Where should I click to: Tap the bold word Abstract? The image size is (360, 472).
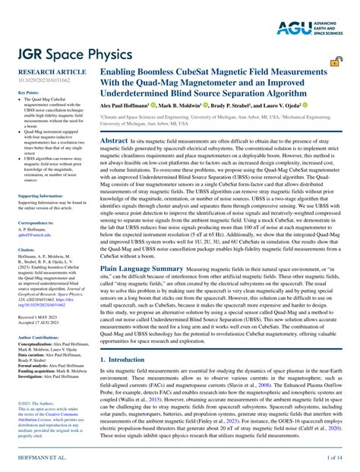pyautogui.click(x=114, y=141)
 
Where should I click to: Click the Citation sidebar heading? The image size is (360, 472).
pyautogui.click(x=27, y=249)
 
